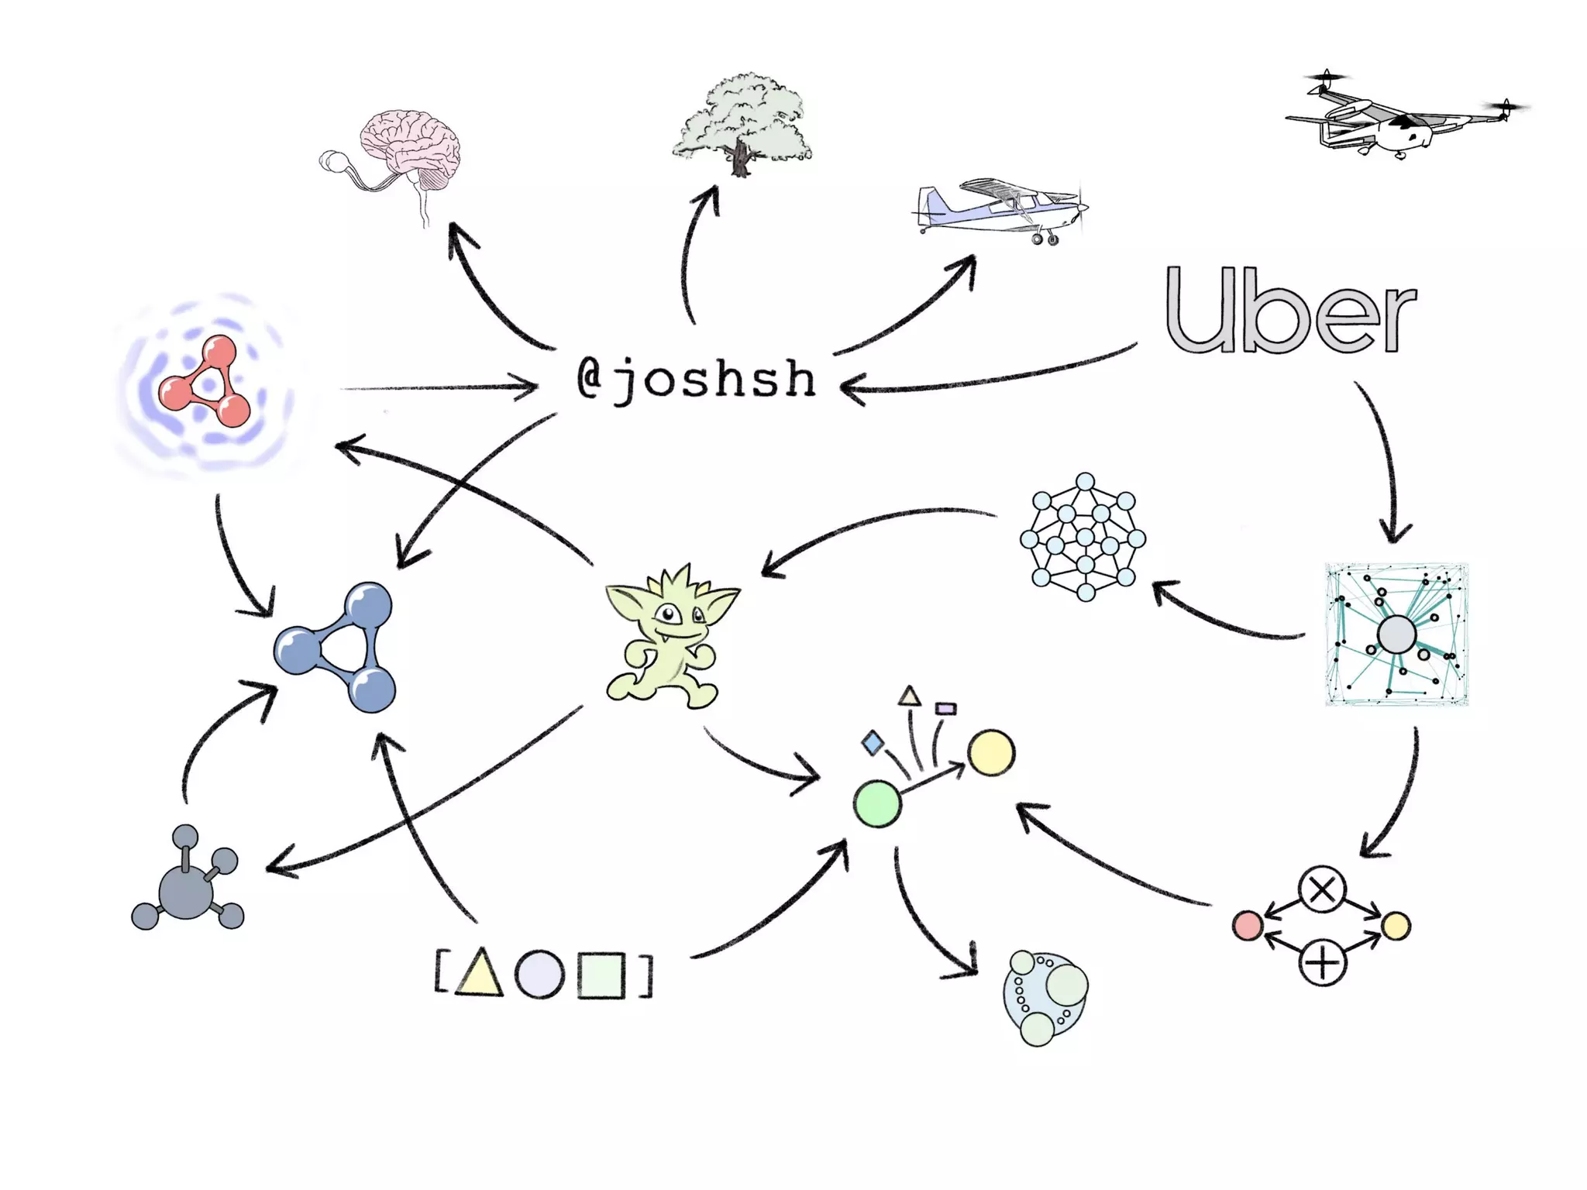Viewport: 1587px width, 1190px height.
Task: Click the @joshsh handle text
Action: [x=696, y=380]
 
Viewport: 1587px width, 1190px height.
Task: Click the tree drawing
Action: [x=742, y=124]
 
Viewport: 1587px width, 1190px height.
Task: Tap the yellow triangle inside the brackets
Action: [x=480, y=975]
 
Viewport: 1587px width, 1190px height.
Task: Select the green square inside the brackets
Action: [x=601, y=975]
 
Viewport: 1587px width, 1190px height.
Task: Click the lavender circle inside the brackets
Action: [x=539, y=975]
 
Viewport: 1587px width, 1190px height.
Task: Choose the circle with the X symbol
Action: [x=1322, y=890]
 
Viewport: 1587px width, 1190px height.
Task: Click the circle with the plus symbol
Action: [x=1322, y=963]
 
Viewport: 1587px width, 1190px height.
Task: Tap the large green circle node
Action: [x=877, y=804]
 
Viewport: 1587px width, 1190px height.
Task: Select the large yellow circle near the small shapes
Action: [x=991, y=752]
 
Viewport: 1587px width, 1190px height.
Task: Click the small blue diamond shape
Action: [x=873, y=743]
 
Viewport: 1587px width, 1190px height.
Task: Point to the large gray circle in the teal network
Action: [x=1396, y=635]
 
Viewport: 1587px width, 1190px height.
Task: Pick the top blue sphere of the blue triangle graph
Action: [x=367, y=605]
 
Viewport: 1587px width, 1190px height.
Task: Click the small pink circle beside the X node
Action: [x=1247, y=926]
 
